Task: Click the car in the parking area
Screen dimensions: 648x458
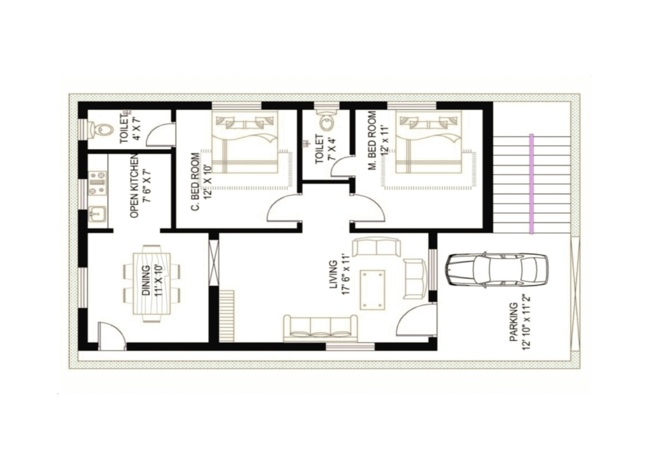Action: [497, 269]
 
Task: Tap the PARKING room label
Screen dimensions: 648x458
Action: [514, 322]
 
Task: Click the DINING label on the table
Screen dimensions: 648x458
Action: [146, 281]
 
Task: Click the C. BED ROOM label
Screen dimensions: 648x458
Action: [195, 182]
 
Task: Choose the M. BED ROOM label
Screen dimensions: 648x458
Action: [372, 140]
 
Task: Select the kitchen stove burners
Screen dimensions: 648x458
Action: [98, 183]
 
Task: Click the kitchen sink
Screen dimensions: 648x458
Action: [97, 214]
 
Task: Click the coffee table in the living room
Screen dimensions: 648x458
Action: [372, 290]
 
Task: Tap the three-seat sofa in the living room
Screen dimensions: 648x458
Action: [320, 328]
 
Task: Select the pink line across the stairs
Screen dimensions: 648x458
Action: [531, 183]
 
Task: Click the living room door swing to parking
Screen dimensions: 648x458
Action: [415, 319]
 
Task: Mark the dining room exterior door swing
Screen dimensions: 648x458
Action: [111, 336]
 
